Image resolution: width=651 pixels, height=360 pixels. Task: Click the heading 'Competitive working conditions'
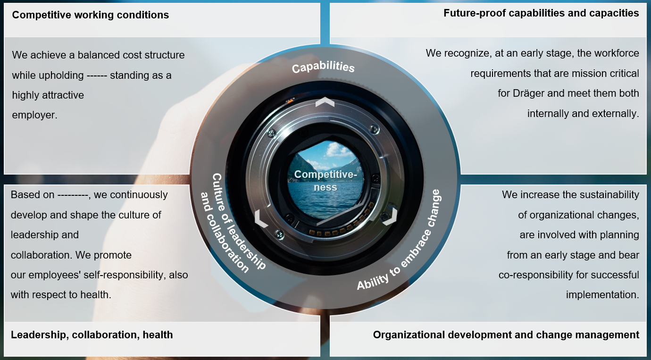(x=90, y=15)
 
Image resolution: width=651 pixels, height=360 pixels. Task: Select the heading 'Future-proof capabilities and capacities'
(x=541, y=13)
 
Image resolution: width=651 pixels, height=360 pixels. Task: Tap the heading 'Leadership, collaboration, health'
(x=92, y=335)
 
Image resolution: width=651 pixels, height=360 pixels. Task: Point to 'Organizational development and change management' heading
(x=506, y=335)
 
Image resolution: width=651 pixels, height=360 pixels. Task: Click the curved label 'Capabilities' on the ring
(x=323, y=67)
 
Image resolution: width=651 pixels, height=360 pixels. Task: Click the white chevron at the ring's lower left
(x=261, y=218)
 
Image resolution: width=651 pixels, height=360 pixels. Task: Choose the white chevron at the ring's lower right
(x=389, y=216)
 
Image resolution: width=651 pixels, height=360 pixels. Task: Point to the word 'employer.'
(x=35, y=115)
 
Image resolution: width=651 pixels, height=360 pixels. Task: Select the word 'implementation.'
(x=602, y=295)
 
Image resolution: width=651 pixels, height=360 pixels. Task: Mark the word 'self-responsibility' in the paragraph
(x=115, y=275)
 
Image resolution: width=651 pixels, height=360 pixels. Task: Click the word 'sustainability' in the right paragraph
(x=608, y=195)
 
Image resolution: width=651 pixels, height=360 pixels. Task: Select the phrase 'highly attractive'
(x=48, y=95)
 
